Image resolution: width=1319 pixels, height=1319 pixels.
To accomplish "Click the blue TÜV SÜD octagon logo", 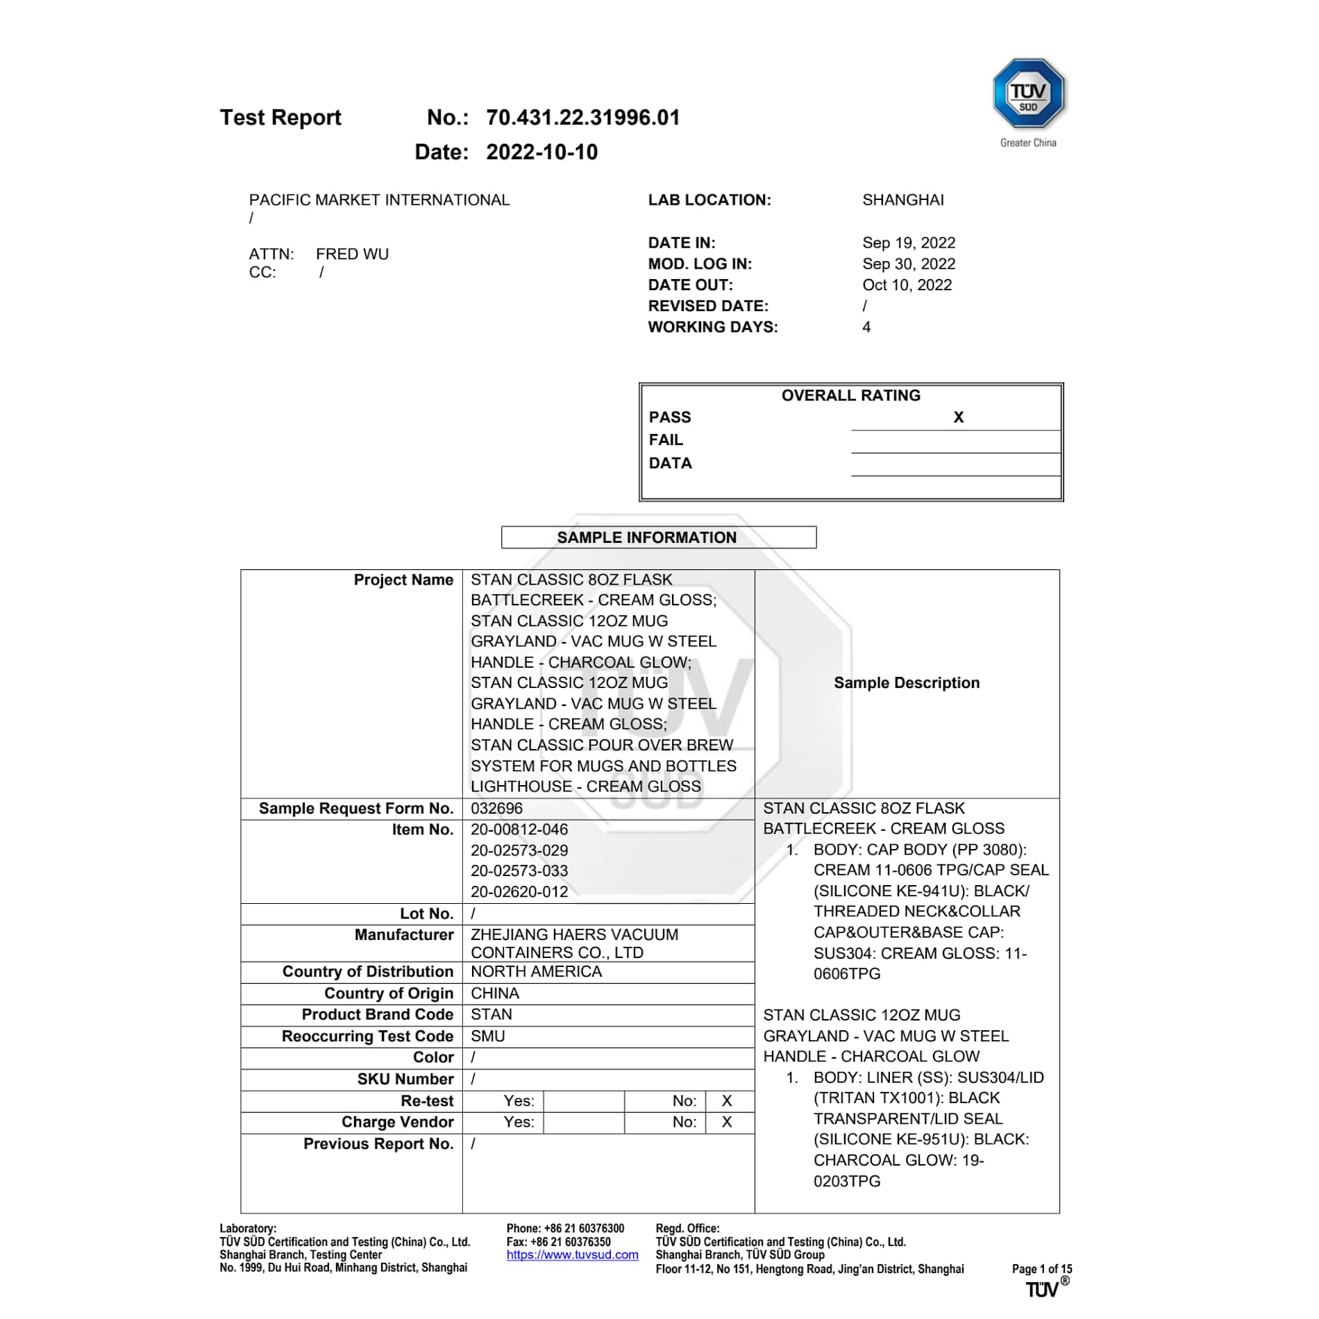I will click(1028, 93).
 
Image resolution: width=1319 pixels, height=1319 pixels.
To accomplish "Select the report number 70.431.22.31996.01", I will click(582, 117).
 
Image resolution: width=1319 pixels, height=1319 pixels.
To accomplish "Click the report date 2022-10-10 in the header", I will click(541, 152).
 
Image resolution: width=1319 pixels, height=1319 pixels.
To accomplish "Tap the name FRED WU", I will click(352, 254).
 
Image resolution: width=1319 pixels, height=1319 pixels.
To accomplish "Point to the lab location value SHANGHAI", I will click(902, 200).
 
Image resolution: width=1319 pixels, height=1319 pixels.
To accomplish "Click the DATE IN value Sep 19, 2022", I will click(908, 243).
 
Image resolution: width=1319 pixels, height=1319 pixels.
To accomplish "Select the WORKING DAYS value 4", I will click(866, 327).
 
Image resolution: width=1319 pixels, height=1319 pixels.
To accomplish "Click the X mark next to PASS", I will click(958, 417).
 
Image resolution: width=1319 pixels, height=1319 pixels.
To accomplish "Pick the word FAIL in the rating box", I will click(666, 440).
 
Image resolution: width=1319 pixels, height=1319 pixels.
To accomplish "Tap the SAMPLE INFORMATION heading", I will click(646, 537).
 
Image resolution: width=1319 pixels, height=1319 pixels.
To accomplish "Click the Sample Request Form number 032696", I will click(496, 809).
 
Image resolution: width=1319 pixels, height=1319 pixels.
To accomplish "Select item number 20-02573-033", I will click(519, 871).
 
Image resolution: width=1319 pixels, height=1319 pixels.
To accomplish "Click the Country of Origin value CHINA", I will click(495, 993).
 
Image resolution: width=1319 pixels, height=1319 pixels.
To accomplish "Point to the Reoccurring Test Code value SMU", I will click(488, 1036).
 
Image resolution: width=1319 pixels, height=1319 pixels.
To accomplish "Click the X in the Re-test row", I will click(727, 1101).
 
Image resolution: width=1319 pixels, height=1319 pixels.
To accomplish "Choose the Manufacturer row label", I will click(403, 935).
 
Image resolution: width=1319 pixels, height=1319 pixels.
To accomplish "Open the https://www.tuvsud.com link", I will click(572, 1255).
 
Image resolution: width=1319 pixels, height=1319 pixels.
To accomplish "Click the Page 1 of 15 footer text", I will click(1041, 1269).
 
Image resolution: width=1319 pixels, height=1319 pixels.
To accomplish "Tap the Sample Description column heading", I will click(906, 683).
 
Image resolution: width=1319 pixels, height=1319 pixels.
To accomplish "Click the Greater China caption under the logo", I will click(1028, 143).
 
